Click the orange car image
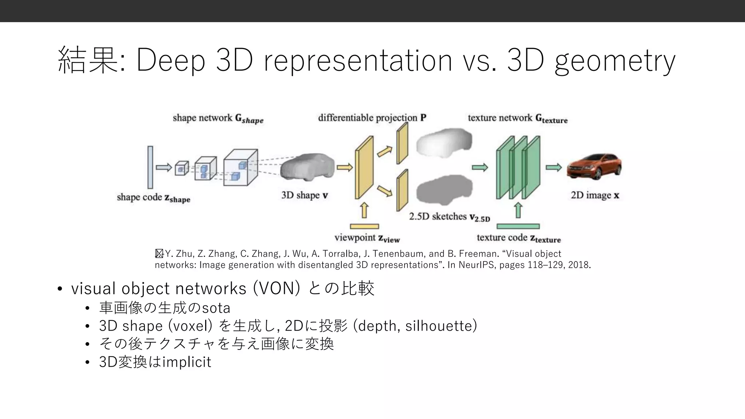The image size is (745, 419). coord(594,167)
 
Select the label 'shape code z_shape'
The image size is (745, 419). coord(154,198)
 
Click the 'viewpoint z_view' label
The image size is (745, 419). coord(367,238)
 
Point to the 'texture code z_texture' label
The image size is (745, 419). coord(519,238)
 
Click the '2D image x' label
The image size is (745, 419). coord(595,195)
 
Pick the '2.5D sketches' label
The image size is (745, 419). coord(450,217)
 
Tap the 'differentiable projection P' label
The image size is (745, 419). coord(372,118)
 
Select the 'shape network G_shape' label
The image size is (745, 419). coord(218,119)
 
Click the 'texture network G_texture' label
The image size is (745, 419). coord(518,119)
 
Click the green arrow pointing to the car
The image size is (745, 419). coord(554,167)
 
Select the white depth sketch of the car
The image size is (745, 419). coord(445,143)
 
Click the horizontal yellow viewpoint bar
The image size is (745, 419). coord(364,226)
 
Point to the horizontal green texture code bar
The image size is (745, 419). coord(518,226)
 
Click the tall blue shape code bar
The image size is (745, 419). coord(150,167)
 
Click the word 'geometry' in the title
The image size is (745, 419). coord(615,61)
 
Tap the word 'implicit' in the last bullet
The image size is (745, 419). coord(187,362)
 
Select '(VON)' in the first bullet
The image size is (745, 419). coord(276,288)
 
